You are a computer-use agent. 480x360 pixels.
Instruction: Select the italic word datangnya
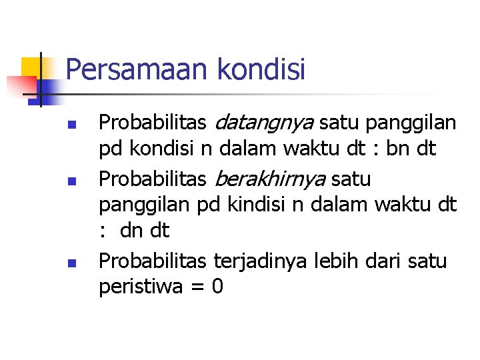click(x=265, y=123)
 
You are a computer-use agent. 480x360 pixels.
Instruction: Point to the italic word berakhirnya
click(x=271, y=179)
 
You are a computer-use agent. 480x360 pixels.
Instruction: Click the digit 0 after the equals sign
click(x=217, y=287)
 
